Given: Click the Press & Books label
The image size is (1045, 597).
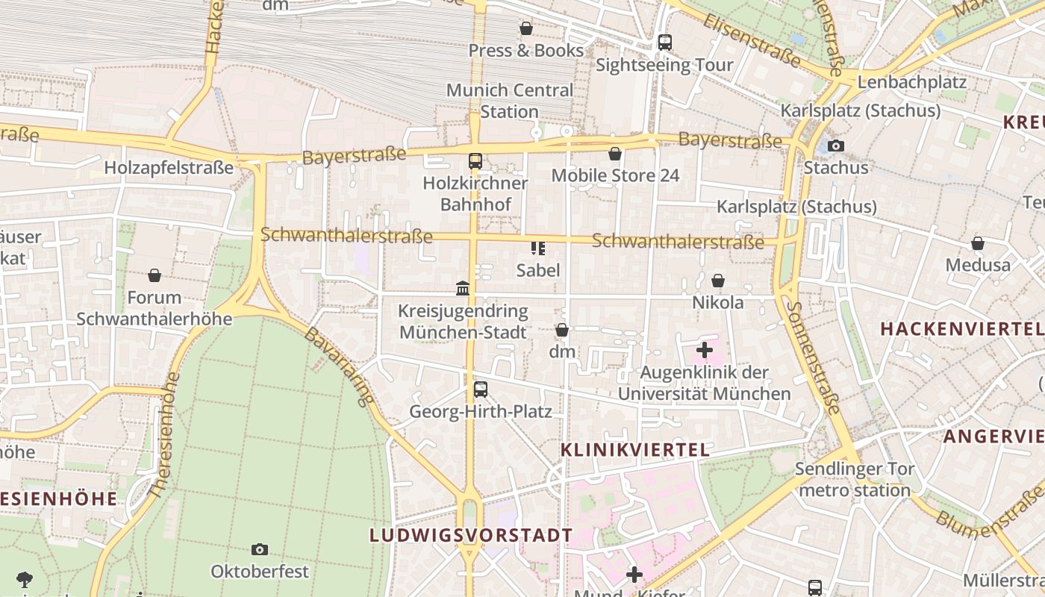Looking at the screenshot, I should coord(525,50).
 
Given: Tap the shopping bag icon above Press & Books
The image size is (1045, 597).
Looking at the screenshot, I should coord(526,28).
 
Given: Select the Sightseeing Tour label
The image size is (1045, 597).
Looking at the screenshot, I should coord(664,65).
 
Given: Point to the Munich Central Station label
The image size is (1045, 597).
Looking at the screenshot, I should coord(510,101).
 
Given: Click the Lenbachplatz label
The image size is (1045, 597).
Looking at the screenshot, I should coord(912,82).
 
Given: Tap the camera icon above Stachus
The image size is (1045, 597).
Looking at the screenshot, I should coord(836,146).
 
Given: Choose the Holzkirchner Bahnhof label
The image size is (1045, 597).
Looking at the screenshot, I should coord(475,193).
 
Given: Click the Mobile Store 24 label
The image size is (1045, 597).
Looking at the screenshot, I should coord(615,175).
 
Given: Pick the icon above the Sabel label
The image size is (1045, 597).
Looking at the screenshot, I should coord(537,248).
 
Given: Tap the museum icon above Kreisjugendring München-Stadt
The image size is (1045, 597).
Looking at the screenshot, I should coord(463,288).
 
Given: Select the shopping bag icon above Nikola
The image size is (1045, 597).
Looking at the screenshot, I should coord(717,281).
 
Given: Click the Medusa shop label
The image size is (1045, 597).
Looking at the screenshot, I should coord(978,265).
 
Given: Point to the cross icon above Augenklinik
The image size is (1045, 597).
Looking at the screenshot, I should coord(705,349).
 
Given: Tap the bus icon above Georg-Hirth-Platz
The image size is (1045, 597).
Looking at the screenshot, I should coord(481,389).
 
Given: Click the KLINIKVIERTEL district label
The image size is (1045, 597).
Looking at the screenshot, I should coord(634,449).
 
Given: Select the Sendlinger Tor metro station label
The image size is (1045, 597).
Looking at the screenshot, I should coord(855,480).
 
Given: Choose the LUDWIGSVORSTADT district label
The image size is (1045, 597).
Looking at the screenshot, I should coord(471,535).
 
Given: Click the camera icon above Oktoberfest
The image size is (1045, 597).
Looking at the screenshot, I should coord(260,549).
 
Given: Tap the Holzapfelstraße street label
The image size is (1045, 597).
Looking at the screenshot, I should coord(169,168).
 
